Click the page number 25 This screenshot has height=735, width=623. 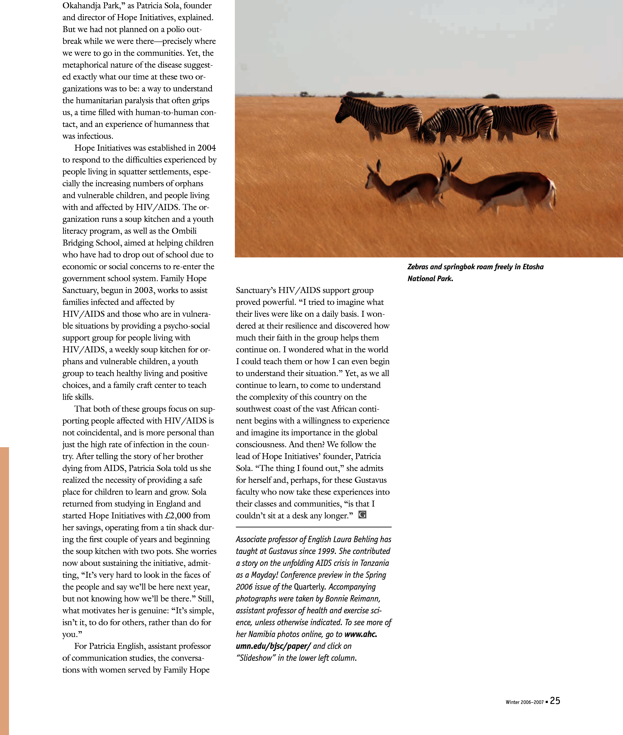(555, 701)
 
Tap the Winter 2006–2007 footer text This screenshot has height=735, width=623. (525, 702)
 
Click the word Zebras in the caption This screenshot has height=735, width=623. (418, 267)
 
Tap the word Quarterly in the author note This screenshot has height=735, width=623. (309, 587)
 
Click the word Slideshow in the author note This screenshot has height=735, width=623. (256, 658)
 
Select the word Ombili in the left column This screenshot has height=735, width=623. (184, 231)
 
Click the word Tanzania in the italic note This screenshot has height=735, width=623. (374, 563)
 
